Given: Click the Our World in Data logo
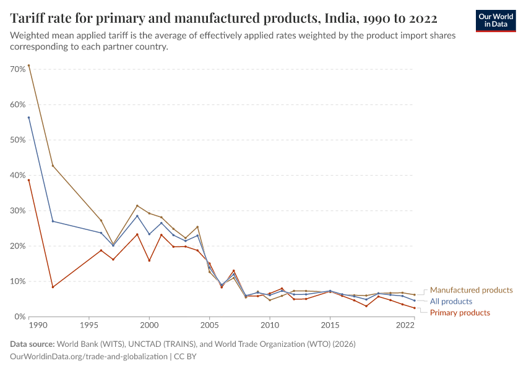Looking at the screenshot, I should click(x=495, y=20).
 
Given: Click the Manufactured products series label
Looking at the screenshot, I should click(x=471, y=290).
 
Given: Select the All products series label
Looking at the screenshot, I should click(x=451, y=301).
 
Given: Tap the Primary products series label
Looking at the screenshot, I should click(x=460, y=312).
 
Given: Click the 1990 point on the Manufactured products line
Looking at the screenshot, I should click(x=28, y=66).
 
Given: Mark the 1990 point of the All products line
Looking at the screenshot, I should click(x=28, y=117).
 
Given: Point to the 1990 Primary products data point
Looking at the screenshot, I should click(x=28, y=180).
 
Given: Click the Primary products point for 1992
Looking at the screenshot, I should click(x=53, y=287).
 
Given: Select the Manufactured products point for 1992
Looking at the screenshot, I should click(x=53, y=165).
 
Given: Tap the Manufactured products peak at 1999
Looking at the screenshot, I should click(x=137, y=206).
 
